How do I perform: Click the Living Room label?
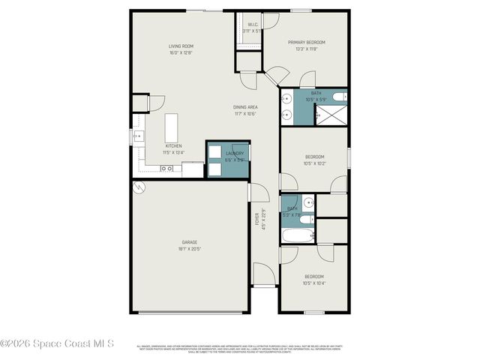pos(181,46)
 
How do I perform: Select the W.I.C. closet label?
pos(253,25)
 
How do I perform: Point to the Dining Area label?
pos(245,107)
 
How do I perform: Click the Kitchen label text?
pos(174,145)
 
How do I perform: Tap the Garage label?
pos(189,241)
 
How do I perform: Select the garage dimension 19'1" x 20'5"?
pos(189,248)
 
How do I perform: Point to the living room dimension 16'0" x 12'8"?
pos(181,53)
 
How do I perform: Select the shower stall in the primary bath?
pos(331,115)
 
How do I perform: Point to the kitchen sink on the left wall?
pos(138,136)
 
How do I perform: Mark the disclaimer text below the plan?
pos(238,349)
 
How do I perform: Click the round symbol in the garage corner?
pos(138,188)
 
